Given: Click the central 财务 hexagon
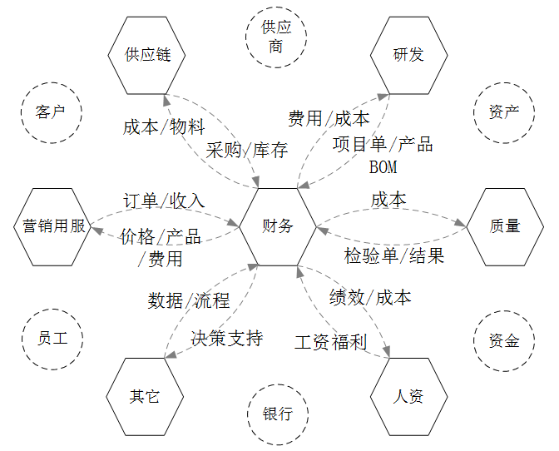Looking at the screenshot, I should point(278,226).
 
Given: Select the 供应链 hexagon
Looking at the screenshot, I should point(147,56).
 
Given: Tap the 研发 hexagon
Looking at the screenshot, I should point(408,56).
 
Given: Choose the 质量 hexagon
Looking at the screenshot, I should point(505,226).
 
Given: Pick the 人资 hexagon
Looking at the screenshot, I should point(408,396).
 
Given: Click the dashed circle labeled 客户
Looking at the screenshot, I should point(50,112).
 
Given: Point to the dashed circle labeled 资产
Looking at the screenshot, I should point(505,112).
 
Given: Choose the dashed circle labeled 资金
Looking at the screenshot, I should point(505,340).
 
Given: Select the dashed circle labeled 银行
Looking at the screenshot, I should point(277,414).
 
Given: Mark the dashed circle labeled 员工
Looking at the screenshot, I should point(50,339).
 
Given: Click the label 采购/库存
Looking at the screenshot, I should point(247,151).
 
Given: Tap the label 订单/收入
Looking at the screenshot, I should point(164,201).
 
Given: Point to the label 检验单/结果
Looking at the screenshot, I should point(394,255).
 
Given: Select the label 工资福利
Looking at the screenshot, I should point(330,342).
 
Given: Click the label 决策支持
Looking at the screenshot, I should point(226,338).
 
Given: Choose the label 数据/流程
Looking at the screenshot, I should point(189,300).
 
